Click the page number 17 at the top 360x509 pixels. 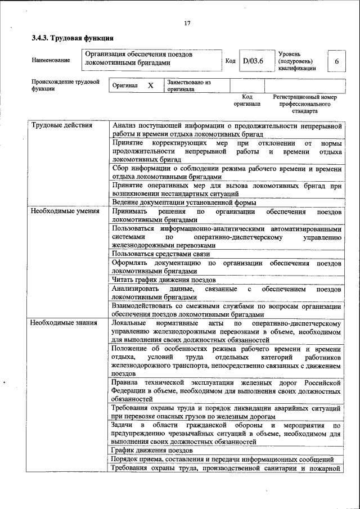[x=187, y=23]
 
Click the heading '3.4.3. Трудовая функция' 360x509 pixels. [x=73, y=39]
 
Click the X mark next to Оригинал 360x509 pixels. [x=150, y=85]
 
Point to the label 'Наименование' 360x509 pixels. [x=51, y=60]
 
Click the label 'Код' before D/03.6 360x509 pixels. [x=230, y=61]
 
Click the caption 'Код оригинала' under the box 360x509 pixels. [x=247, y=100]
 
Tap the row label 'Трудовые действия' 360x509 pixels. [x=62, y=125]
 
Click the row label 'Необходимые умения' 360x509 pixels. [x=65, y=211]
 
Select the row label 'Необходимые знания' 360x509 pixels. [x=64, y=323]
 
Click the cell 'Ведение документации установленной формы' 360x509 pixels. [x=184, y=202]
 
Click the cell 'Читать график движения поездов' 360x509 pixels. [x=163, y=280]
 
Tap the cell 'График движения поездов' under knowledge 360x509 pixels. [x=152, y=451]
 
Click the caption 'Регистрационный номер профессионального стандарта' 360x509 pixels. [x=304, y=104]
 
